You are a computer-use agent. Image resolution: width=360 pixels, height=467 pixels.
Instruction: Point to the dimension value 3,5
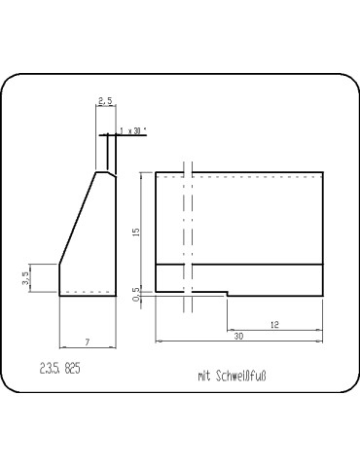[26, 278]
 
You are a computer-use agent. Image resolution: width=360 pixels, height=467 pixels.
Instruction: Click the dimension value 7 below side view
[88, 341]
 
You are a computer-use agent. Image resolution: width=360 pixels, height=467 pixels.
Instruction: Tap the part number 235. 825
[61, 369]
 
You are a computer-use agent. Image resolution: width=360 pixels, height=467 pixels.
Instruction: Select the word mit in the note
[203, 375]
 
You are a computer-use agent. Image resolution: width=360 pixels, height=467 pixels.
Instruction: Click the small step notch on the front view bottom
[228, 292]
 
